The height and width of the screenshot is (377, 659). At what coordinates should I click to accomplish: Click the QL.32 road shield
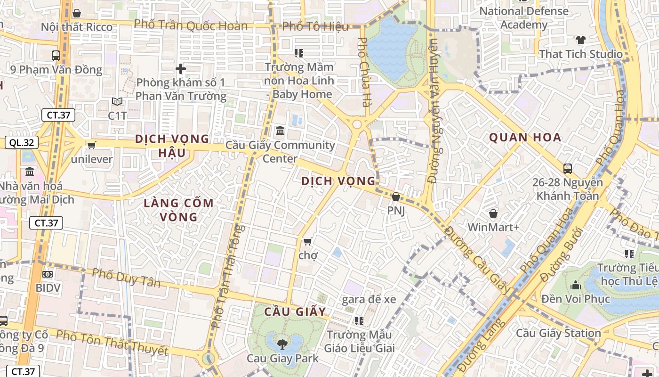(x=22, y=143)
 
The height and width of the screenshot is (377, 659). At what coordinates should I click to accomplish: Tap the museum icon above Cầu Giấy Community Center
(x=280, y=130)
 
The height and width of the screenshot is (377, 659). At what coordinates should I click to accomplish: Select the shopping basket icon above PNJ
(x=396, y=197)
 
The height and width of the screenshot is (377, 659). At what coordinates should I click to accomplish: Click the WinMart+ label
(x=493, y=227)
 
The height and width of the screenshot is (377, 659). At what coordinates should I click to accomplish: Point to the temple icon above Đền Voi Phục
(x=575, y=285)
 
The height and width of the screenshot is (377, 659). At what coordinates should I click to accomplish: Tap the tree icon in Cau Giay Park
(x=282, y=344)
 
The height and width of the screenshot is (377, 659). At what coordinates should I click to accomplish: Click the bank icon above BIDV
(x=48, y=274)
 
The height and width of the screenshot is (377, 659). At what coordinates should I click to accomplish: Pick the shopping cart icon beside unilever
(x=91, y=145)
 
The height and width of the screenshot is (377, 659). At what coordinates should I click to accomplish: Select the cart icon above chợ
(x=307, y=242)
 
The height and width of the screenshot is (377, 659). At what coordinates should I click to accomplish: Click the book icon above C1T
(x=117, y=101)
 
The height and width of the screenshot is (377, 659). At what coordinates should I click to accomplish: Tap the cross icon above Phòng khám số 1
(x=181, y=69)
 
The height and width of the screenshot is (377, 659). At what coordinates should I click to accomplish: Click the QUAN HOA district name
(x=525, y=138)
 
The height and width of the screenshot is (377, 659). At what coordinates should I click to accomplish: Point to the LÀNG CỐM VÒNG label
(x=179, y=210)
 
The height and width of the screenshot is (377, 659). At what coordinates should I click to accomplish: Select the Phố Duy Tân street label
(x=126, y=278)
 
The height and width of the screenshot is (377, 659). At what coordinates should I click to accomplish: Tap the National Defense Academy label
(x=524, y=17)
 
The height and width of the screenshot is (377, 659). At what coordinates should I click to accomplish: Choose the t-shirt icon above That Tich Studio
(x=580, y=40)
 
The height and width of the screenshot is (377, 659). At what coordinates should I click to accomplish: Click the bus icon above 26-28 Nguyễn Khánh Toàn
(x=568, y=168)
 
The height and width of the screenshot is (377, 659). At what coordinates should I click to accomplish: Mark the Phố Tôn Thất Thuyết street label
(x=112, y=343)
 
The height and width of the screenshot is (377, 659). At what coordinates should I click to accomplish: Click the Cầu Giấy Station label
(x=558, y=333)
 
